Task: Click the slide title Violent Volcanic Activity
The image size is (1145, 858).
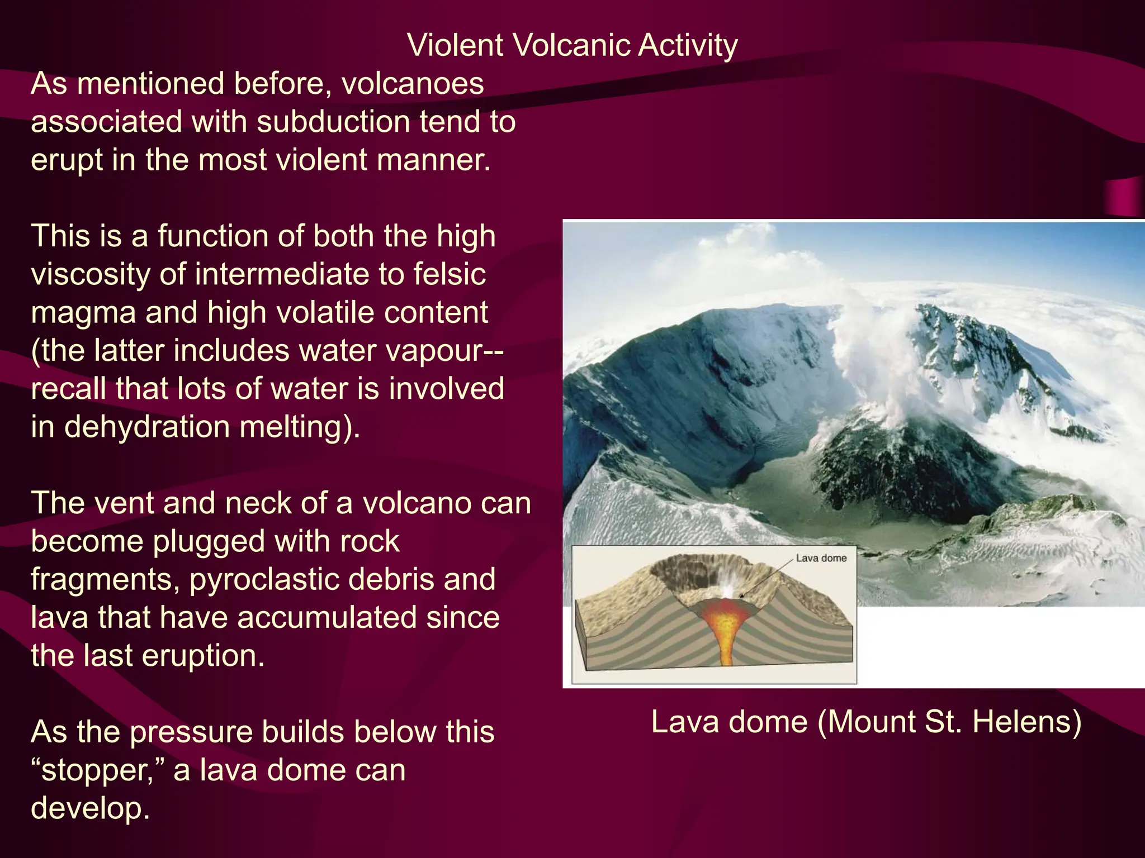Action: tap(572, 45)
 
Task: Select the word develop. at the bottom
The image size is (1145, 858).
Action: tap(90, 809)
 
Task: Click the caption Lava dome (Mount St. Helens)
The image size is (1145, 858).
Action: tap(866, 722)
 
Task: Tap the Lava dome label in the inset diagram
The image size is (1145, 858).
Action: tap(821, 558)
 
